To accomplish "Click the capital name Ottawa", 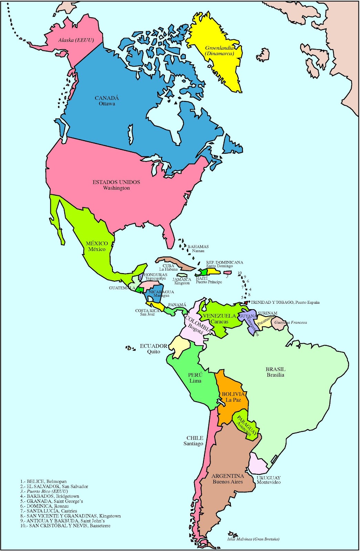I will pos(107,104).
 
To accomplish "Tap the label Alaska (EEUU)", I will pos(76,40).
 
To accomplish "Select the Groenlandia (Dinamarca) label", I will pos(219,51).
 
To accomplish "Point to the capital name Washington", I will pos(116,188).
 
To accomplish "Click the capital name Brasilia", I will pos(275,375).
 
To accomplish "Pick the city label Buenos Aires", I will pos(227,482).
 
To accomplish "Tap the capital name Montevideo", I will pos(268,482).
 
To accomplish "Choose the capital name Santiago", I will pos(193,444).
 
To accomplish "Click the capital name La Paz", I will pos(233,400).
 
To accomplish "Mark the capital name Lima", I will pos(195,381).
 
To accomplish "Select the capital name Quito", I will pos(154,352).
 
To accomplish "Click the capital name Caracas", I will pos(219,322).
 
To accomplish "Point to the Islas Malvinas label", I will pos(253,539).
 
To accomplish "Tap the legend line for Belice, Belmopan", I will pos(43,481).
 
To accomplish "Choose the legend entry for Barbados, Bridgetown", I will pos(50,496).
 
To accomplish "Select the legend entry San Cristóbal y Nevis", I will pos(65,526).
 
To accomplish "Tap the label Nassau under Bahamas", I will pos(198,251).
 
